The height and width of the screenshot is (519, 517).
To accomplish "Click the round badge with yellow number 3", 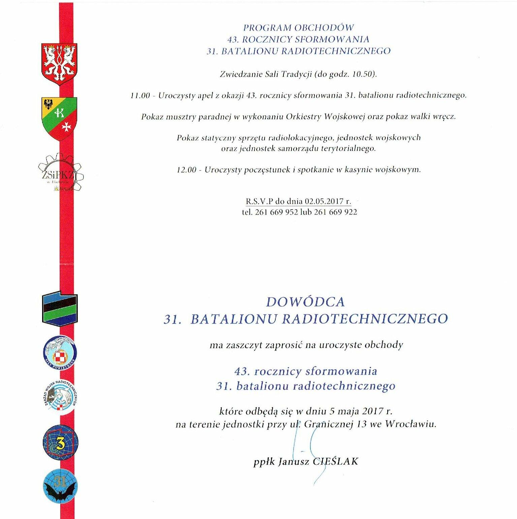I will [x=60, y=443].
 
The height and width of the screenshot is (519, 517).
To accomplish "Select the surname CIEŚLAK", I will [x=335, y=461].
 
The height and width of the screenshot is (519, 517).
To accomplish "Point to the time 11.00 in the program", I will [x=140, y=95].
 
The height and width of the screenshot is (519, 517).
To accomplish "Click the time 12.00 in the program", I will [x=186, y=170].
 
